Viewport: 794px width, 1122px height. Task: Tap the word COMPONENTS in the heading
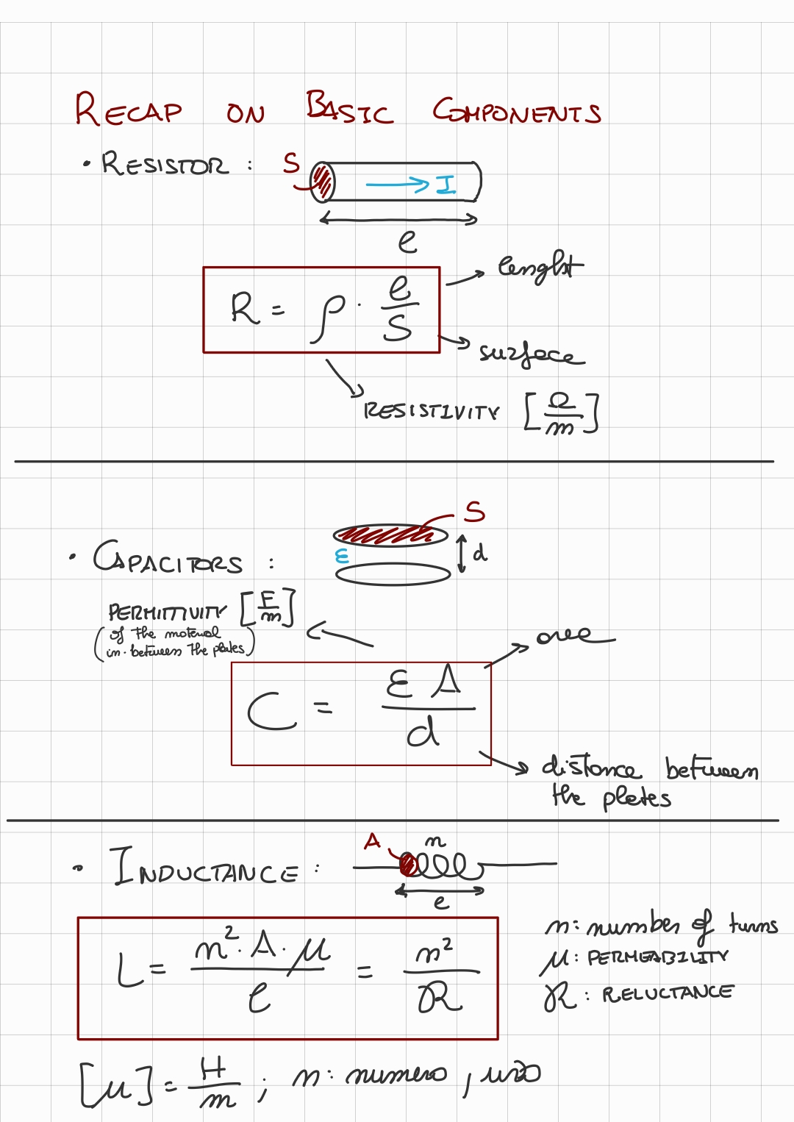click(x=516, y=112)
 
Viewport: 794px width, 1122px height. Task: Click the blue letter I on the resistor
click(x=446, y=184)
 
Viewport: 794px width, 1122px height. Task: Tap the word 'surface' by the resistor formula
click(x=531, y=354)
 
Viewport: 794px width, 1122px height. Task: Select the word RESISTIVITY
click(x=432, y=411)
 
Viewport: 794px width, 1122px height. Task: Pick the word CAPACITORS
click(x=168, y=560)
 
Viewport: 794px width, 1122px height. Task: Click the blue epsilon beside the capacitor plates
click(x=341, y=556)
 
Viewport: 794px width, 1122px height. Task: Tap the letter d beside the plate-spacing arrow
click(x=479, y=552)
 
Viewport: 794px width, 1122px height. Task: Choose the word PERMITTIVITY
click(x=167, y=612)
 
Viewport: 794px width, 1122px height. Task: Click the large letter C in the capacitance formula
click(x=270, y=712)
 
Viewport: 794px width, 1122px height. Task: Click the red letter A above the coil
click(x=373, y=840)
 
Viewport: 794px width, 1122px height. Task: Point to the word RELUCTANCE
click(x=668, y=993)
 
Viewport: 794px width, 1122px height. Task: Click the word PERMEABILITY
click(x=657, y=957)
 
